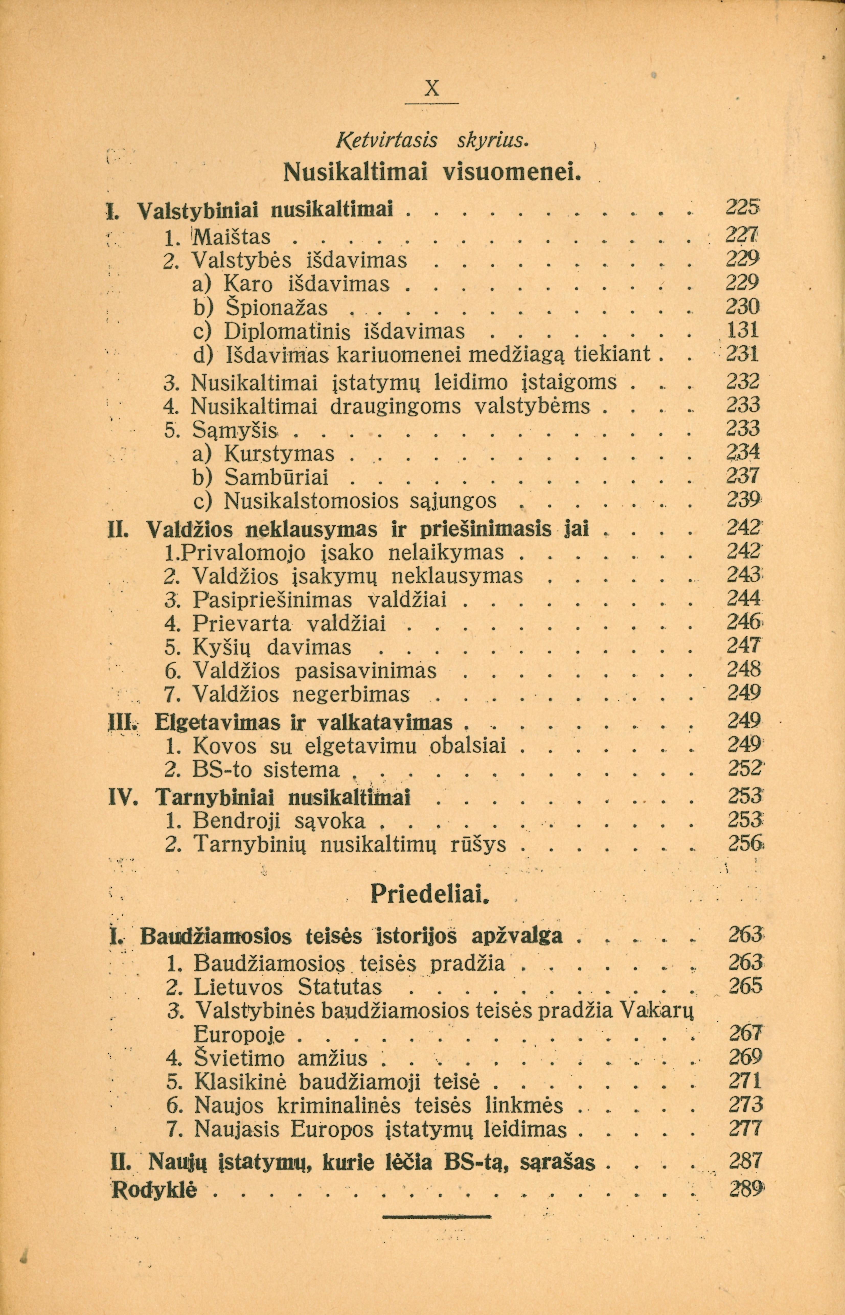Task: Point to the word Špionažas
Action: pos(277,307)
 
